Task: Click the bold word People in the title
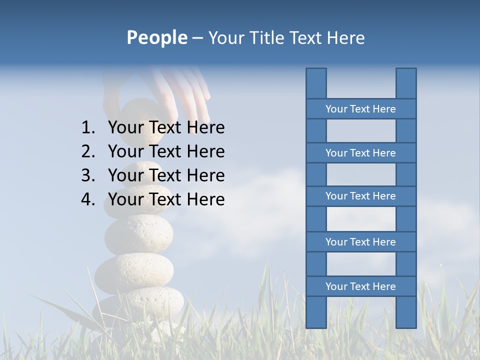(x=157, y=38)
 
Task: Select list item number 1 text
(x=166, y=127)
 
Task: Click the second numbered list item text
(x=166, y=151)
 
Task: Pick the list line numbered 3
(x=166, y=175)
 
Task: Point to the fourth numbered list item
(x=166, y=199)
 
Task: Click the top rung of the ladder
(x=360, y=109)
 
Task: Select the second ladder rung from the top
(x=360, y=153)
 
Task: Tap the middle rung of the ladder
(x=360, y=196)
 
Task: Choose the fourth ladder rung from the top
(x=360, y=242)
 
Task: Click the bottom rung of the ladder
(x=360, y=286)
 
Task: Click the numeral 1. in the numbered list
(x=88, y=127)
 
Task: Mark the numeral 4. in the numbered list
(x=88, y=199)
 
